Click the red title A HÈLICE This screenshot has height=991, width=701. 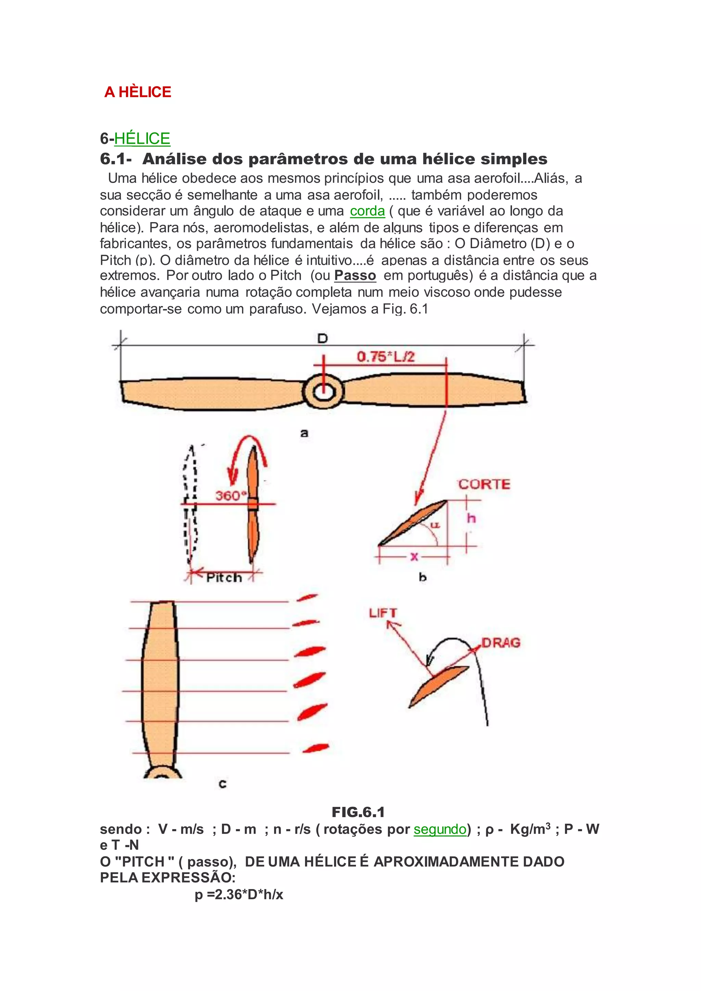(x=138, y=92)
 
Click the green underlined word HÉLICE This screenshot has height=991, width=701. (x=142, y=139)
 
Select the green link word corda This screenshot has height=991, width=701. (x=367, y=211)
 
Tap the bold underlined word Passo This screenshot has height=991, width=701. (x=355, y=275)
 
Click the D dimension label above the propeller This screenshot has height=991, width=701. (x=322, y=338)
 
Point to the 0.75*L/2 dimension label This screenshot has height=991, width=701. (x=385, y=357)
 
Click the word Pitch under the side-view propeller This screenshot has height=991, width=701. (x=224, y=578)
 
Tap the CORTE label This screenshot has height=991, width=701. (x=484, y=484)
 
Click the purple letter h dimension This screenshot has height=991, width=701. (x=471, y=518)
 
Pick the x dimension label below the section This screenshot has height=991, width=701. (x=414, y=556)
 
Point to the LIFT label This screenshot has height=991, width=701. (x=382, y=613)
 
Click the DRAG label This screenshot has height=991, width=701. (x=501, y=643)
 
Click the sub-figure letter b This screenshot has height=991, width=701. (x=423, y=577)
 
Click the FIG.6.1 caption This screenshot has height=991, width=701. (x=358, y=812)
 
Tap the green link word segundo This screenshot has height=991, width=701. (x=440, y=829)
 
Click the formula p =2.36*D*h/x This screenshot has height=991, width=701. (x=239, y=895)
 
